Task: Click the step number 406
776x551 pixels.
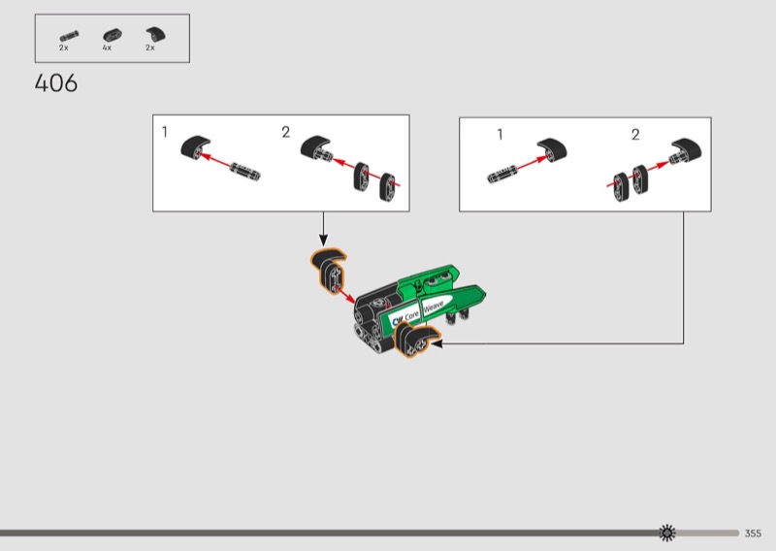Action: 56,83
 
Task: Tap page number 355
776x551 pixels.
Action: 753,534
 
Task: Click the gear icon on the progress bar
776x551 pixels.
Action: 667,533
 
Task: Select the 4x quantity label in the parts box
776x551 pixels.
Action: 107,49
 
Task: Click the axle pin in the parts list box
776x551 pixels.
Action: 69,36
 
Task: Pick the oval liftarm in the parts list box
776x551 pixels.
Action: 113,35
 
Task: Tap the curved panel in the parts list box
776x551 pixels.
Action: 156,34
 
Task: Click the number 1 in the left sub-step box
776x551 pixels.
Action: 165,132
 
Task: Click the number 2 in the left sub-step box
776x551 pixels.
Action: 285,132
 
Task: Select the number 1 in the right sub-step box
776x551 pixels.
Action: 500,134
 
